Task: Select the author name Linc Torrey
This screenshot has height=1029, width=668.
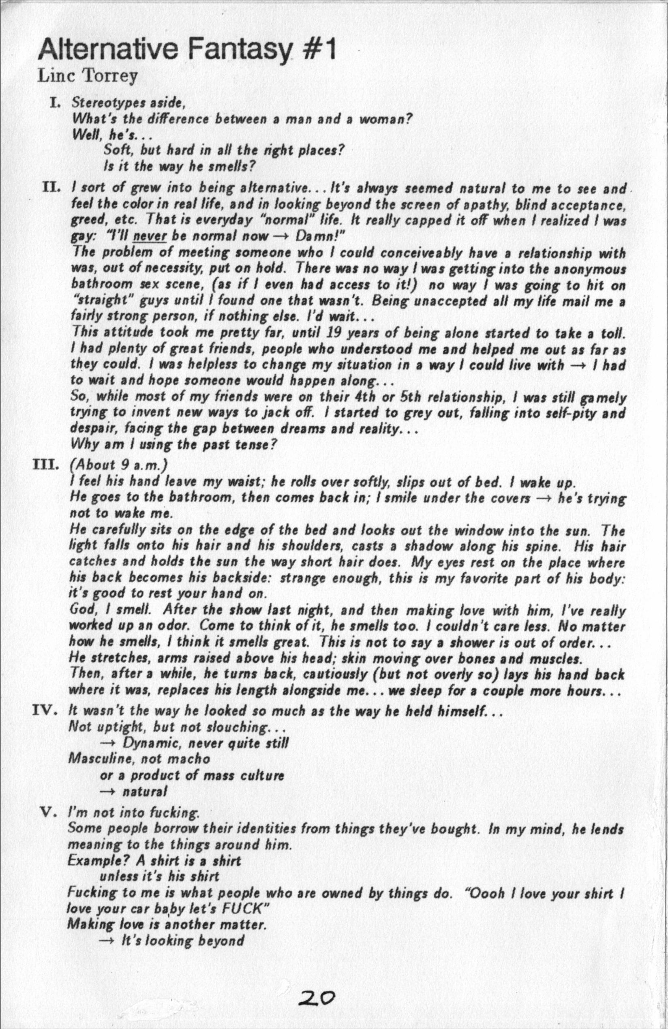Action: [x=88, y=77]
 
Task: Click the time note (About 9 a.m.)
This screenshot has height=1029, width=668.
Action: [x=118, y=465]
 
